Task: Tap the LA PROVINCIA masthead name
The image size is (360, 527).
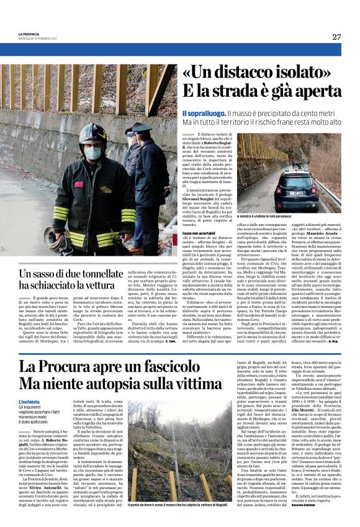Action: point(29,34)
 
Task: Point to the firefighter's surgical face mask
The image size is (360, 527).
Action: point(94,153)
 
